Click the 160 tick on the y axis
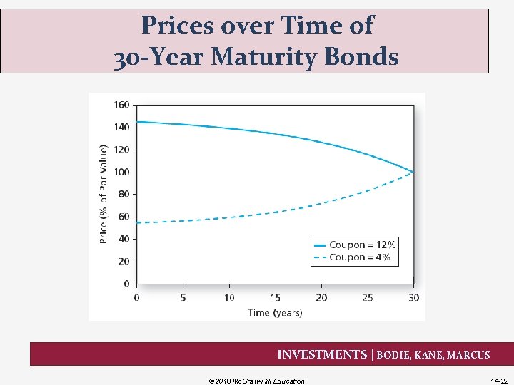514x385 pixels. pyautogui.click(x=121, y=105)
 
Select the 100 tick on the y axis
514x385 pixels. pyautogui.click(x=121, y=172)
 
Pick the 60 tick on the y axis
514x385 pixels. pyautogui.click(x=124, y=217)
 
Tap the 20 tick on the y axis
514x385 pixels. pyautogui.click(x=124, y=262)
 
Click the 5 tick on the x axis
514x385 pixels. pyautogui.click(x=183, y=297)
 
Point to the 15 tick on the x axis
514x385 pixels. pyautogui.click(x=275, y=297)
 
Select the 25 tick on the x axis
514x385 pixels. pyautogui.click(x=367, y=297)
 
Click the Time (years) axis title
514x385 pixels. pyautogui.click(x=275, y=312)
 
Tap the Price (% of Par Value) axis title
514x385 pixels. pyautogui.click(x=104, y=193)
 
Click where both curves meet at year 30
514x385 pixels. pyautogui.click(x=413, y=172)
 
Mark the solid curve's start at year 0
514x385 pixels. pyautogui.click(x=137, y=122)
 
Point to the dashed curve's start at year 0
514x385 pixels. pyautogui.click(x=137, y=222)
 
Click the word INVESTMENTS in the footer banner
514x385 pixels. pyautogui.click(x=321, y=354)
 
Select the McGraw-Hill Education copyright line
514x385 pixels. pyautogui.click(x=256, y=381)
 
